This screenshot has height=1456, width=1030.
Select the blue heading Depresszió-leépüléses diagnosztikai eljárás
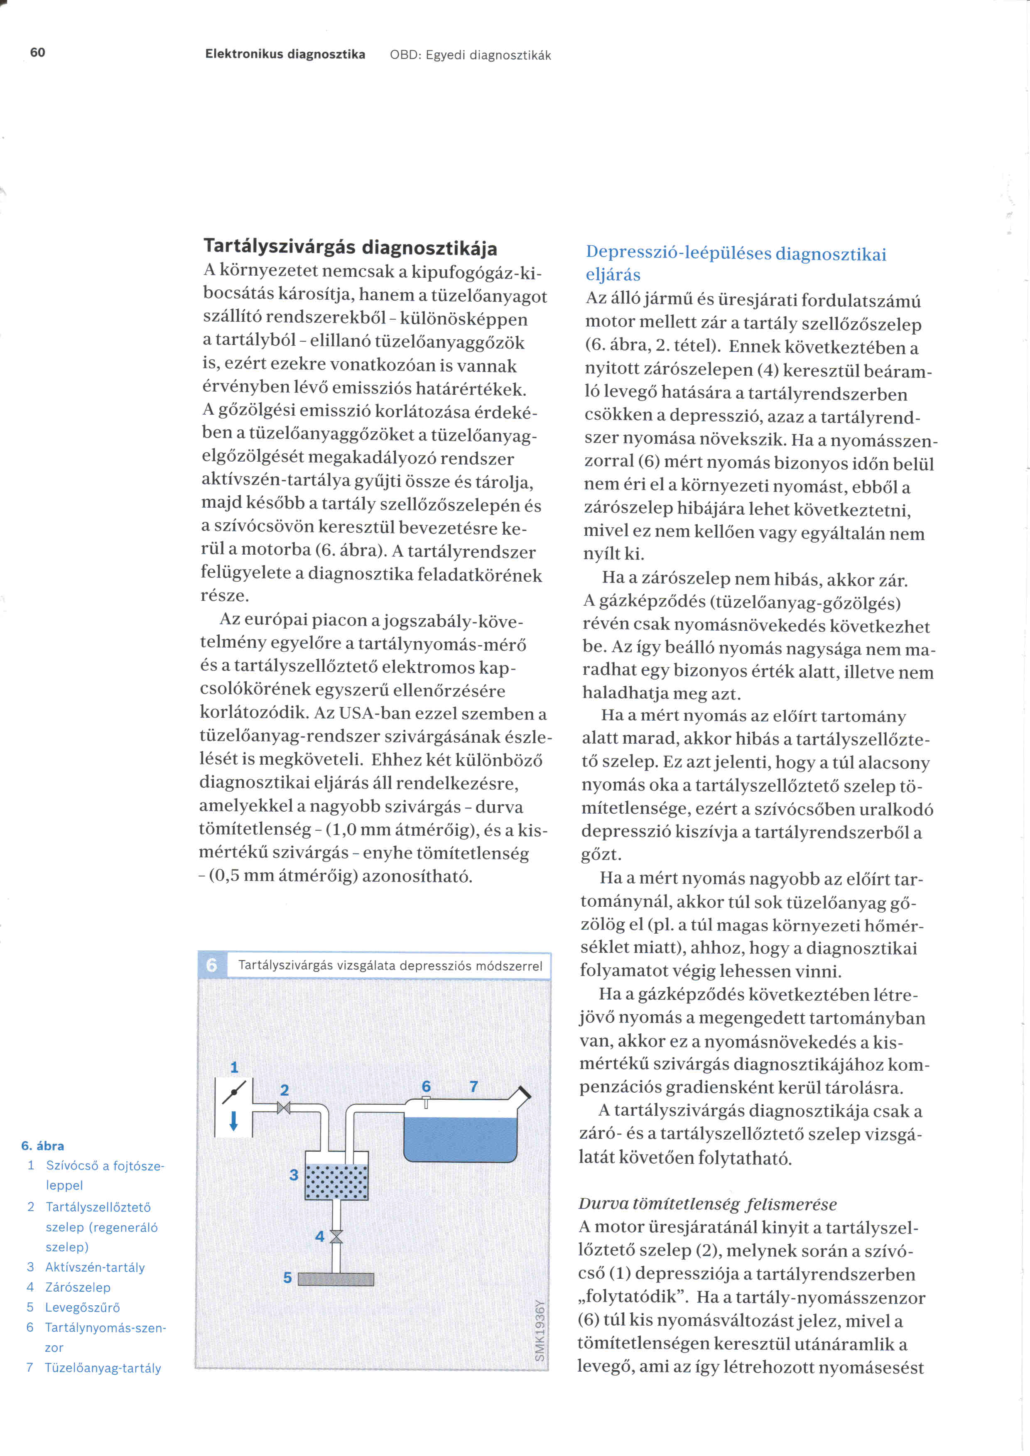[x=735, y=263]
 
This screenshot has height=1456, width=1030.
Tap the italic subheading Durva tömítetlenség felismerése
[x=707, y=1204]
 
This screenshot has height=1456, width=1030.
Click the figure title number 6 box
[x=212, y=965]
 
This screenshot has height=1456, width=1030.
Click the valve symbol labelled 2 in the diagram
[x=284, y=1108]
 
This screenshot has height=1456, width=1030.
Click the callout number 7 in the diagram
[x=473, y=1087]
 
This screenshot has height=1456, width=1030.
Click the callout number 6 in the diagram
[x=426, y=1086]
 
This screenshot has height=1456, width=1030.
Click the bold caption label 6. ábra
[x=42, y=1146]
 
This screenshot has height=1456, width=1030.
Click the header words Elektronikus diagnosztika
[x=285, y=54]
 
